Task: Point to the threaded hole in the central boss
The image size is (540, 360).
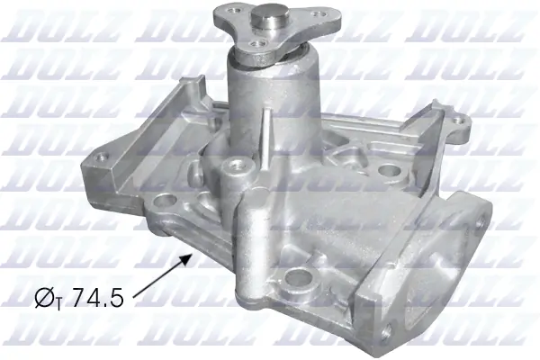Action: click(238, 165)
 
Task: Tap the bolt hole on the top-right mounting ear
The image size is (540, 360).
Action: click(461, 118)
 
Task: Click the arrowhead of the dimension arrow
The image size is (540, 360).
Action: click(191, 256)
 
